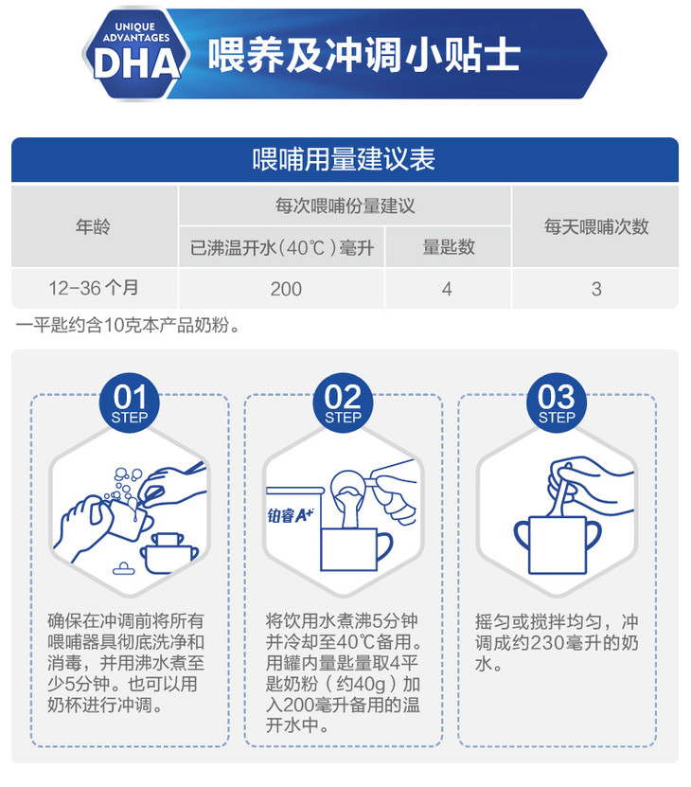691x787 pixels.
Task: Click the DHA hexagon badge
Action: [x=135, y=54]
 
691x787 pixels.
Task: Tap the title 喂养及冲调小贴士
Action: [x=363, y=54]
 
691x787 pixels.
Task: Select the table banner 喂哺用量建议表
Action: [x=345, y=159]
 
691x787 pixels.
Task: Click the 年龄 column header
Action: [x=94, y=227]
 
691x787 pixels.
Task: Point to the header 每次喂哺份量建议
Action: [x=345, y=206]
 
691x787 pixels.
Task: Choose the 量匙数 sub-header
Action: [x=448, y=247]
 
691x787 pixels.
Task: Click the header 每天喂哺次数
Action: [x=596, y=227]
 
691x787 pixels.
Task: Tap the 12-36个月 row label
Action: [x=94, y=288]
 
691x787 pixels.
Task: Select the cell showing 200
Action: [x=286, y=289]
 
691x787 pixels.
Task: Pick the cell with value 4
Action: [x=447, y=289]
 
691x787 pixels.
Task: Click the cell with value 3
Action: [x=596, y=289]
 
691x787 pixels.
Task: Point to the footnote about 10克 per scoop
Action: [x=128, y=325]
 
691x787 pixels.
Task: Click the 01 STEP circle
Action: [x=130, y=402]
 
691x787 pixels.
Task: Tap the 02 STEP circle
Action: [x=343, y=402]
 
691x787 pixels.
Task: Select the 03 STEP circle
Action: [x=557, y=402]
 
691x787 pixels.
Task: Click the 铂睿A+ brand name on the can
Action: [x=291, y=515]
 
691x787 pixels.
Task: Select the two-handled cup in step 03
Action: [x=557, y=545]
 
